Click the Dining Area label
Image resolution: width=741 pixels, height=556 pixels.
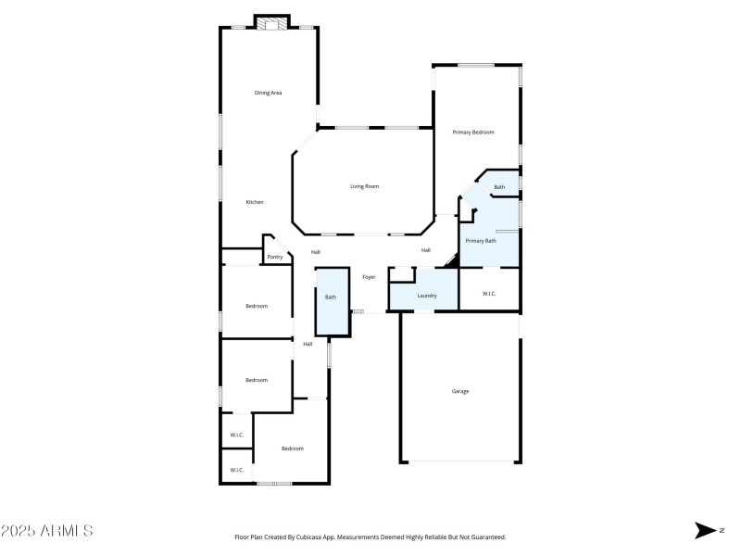click(x=269, y=93)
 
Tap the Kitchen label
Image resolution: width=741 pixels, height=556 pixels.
click(x=255, y=202)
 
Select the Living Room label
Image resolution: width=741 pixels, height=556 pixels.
click(x=364, y=186)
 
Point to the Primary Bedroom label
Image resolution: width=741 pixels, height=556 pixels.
click(x=472, y=133)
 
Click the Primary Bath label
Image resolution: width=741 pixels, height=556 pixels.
click(x=480, y=241)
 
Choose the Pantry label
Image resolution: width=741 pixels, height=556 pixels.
click(x=274, y=257)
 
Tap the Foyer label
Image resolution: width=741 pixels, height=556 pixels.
click(x=369, y=276)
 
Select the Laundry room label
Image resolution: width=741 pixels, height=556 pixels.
click(x=426, y=296)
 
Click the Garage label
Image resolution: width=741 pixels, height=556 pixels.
click(x=460, y=391)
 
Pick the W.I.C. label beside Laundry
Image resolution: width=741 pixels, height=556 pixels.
click(x=490, y=294)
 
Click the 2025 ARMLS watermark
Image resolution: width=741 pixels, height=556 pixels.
click(x=46, y=531)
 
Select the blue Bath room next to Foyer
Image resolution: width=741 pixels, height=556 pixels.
click(x=331, y=297)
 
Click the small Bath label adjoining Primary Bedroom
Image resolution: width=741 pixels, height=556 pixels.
click(x=499, y=187)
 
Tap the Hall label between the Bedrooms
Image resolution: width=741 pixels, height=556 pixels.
click(x=308, y=344)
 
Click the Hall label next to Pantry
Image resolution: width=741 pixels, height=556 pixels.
click(x=316, y=252)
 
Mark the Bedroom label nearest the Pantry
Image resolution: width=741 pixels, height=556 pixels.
click(x=256, y=306)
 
